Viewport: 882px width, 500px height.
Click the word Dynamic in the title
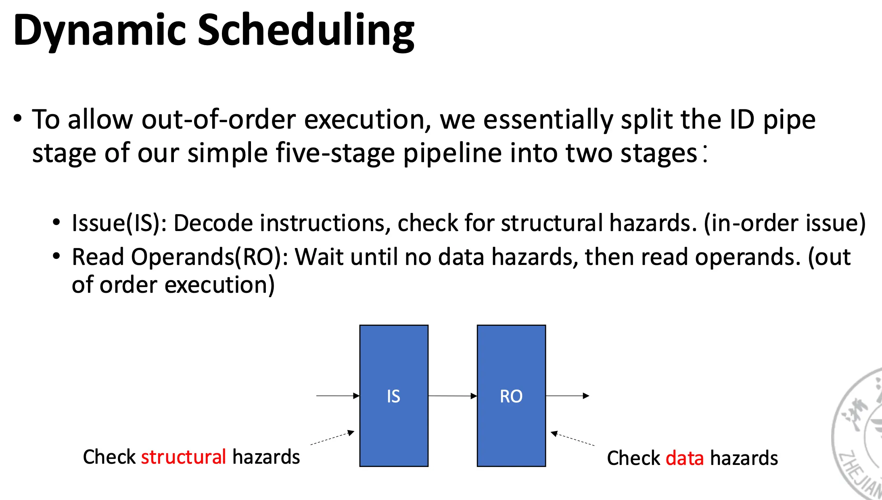[x=99, y=31]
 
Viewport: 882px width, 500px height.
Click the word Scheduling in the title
[x=305, y=31]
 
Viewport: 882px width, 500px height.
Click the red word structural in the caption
[x=183, y=457]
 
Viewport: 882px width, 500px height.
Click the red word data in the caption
[x=684, y=458]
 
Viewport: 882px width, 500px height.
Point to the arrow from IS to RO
[x=452, y=396]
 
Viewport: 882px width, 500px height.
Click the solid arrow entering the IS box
[x=337, y=396]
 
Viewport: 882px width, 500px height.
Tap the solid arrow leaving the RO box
[x=567, y=396]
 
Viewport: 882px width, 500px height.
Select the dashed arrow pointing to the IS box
[x=332, y=438]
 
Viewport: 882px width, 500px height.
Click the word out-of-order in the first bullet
[x=218, y=120]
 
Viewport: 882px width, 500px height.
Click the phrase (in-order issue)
[x=784, y=223]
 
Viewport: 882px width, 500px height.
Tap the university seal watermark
[x=859, y=433]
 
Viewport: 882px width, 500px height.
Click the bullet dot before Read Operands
[x=56, y=256]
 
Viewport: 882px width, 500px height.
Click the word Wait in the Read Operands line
[x=319, y=257]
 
